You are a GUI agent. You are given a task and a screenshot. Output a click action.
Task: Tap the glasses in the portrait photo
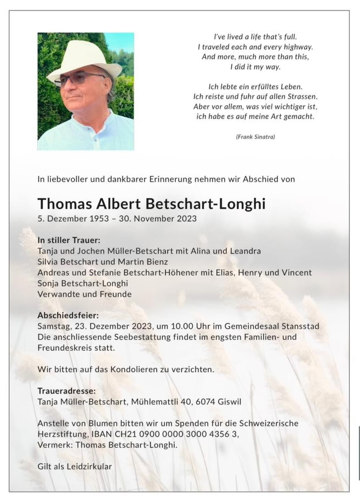(x=79, y=78)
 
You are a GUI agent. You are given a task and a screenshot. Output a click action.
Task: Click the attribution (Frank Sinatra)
(x=255, y=137)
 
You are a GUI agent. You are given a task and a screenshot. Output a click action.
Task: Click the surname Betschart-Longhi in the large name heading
(x=205, y=204)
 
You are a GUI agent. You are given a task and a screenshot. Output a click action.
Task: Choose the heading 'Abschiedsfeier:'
(x=68, y=315)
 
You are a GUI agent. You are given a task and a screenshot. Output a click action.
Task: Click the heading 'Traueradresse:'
(x=66, y=391)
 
